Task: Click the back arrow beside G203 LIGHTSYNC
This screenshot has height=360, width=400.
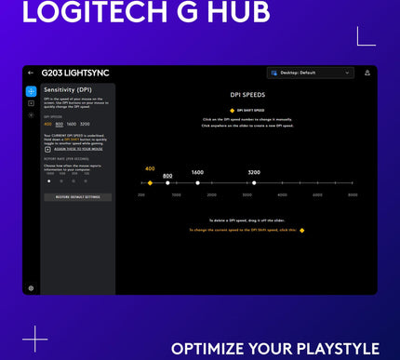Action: [x=31, y=73]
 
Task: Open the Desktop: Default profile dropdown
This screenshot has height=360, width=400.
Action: [x=309, y=73]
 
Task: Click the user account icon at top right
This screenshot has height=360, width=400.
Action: [x=367, y=73]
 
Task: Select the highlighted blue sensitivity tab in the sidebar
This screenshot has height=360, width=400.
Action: [x=31, y=91]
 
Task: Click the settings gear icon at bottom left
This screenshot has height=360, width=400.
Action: [x=31, y=287]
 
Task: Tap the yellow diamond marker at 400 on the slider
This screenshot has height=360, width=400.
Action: [x=150, y=182]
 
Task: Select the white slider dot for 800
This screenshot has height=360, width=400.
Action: [x=167, y=182]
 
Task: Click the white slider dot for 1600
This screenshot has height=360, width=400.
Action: [x=198, y=182]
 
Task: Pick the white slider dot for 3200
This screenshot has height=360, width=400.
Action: [x=254, y=182]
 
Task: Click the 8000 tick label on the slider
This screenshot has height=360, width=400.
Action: [x=353, y=195]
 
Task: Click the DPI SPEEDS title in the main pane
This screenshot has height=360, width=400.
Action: [x=247, y=95]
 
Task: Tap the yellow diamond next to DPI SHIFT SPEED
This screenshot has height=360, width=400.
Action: [x=232, y=110]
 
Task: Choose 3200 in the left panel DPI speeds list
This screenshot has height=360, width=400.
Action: [x=85, y=124]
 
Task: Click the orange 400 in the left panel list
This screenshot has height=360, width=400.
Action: [x=47, y=124]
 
